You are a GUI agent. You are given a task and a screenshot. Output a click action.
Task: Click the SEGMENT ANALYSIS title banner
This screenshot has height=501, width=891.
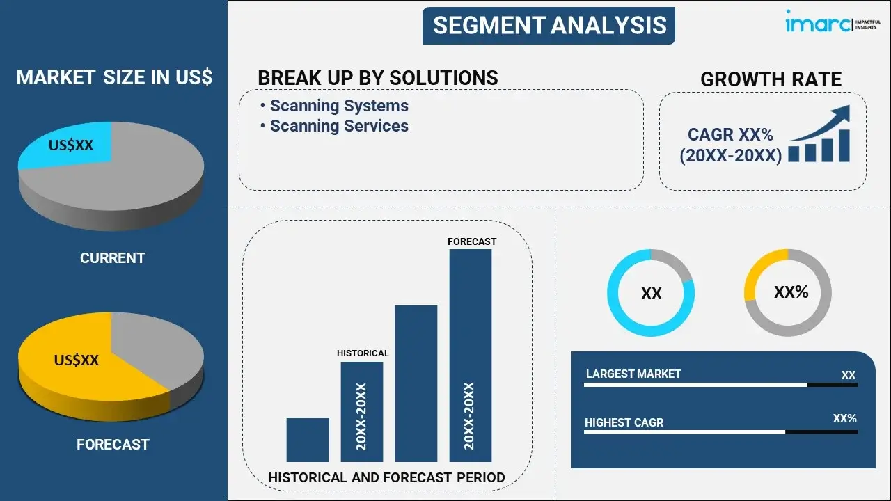(549, 26)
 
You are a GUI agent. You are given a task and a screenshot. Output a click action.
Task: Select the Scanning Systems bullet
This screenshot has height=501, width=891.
(338, 106)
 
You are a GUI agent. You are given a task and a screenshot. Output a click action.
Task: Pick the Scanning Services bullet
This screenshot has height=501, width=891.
(338, 126)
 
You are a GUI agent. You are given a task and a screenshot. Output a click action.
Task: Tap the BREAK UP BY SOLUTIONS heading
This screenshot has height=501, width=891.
(377, 78)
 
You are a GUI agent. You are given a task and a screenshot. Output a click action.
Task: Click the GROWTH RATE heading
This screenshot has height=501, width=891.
(771, 79)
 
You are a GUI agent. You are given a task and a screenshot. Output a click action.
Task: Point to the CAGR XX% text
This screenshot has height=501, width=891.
(730, 135)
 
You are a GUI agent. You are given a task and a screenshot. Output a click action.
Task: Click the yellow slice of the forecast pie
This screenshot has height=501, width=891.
(77, 362)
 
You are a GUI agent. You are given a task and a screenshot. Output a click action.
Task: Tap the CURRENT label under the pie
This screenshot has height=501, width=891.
(112, 258)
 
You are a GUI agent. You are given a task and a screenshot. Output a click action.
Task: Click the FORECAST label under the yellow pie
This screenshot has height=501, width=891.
(112, 444)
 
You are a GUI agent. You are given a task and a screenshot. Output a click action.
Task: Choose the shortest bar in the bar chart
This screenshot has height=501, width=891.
(307, 440)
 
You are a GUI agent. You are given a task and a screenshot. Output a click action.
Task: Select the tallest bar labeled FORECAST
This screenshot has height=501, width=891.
(471, 355)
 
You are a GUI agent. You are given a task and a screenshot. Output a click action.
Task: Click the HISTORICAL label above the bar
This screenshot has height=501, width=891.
(363, 353)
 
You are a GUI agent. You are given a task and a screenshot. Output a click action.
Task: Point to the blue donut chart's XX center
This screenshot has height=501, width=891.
(651, 294)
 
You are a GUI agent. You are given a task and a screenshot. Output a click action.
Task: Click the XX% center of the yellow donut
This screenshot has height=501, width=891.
(791, 292)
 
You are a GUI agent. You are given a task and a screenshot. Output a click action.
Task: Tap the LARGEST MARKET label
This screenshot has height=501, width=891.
(633, 374)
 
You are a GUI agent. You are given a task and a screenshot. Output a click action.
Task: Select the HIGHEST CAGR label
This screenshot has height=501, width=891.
(624, 422)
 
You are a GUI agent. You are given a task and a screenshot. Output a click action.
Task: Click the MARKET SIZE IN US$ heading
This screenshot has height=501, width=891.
(113, 77)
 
